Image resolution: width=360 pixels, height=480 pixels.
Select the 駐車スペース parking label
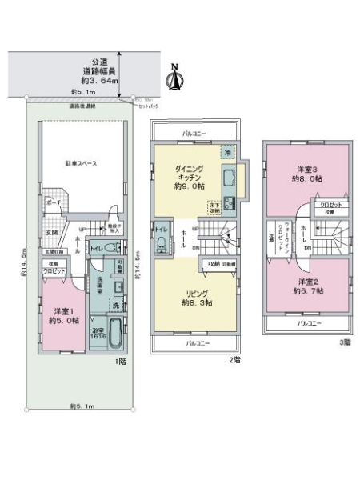coord(81,163)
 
